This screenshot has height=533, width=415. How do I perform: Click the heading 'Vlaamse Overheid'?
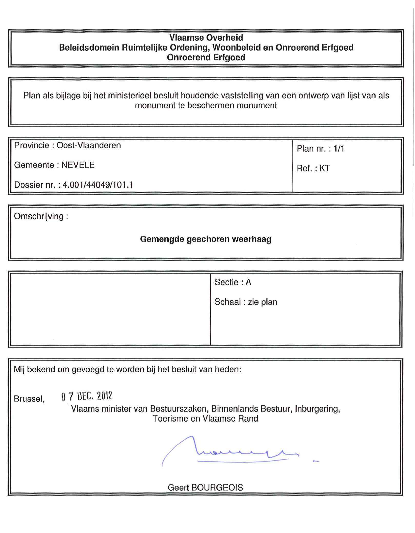[x=206, y=38]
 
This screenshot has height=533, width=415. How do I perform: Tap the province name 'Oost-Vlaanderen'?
[x=88, y=145]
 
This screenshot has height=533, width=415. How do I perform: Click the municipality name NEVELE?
[x=78, y=165]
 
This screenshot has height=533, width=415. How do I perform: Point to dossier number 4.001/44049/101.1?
[x=98, y=185]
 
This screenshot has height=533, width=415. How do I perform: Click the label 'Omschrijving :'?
[x=41, y=216]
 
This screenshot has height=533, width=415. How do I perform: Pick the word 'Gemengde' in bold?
[x=162, y=239]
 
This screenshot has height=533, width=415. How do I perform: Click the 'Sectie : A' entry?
[x=233, y=282]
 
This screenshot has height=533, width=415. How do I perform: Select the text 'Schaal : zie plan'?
[x=246, y=302]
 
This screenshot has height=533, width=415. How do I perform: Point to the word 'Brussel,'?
[x=29, y=399]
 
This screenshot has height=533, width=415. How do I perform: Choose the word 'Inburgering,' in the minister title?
[x=317, y=409]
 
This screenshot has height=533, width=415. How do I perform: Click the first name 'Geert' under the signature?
[x=178, y=488]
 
